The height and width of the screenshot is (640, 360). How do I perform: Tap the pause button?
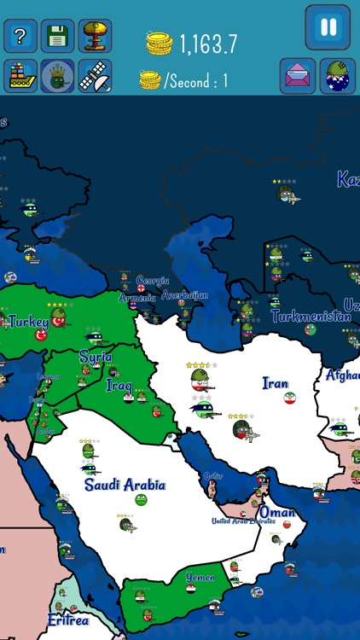[328, 27]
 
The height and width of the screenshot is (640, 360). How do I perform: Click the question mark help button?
[20, 36]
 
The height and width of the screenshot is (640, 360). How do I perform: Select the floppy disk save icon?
[58, 36]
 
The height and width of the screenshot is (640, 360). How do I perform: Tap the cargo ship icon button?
[20, 76]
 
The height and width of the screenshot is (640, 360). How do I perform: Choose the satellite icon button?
[95, 76]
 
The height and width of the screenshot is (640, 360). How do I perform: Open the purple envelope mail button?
[298, 76]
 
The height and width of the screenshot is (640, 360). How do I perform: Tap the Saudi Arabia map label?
[125, 485]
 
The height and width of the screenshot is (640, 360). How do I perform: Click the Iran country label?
[276, 383]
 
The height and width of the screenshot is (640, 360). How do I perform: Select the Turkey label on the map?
[28, 322]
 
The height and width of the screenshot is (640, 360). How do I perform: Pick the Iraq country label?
[119, 385]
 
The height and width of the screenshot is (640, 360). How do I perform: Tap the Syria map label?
[96, 357]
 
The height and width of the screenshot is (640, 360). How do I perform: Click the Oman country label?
[277, 513]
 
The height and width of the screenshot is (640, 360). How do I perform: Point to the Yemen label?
[200, 578]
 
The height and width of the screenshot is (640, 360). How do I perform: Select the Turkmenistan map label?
[311, 316]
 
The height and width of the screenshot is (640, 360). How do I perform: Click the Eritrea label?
[67, 620]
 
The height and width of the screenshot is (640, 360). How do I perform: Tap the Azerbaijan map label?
[184, 295]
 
